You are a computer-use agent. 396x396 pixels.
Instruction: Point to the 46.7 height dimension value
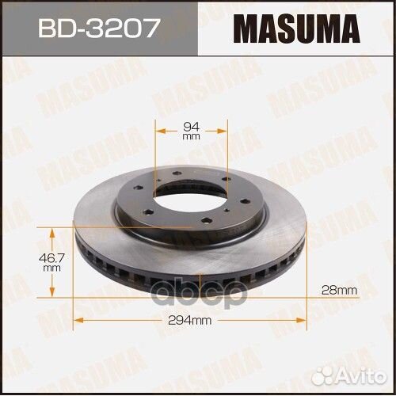tap(52, 258)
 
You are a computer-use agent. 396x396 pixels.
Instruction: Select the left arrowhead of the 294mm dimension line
tap(77, 320)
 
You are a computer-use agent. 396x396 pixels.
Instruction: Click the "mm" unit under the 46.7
tap(52, 269)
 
